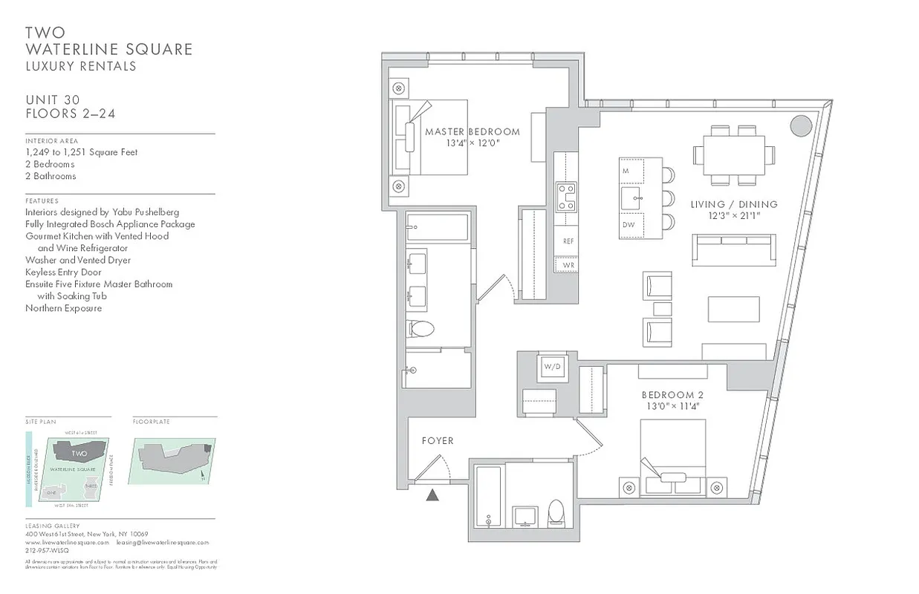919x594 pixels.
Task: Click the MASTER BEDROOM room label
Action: (x=473, y=132)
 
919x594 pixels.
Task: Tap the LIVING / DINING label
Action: (x=733, y=204)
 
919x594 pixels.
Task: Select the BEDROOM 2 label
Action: (x=672, y=395)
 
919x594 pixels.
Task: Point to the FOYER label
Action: (x=438, y=440)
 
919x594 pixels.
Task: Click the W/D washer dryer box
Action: (x=551, y=367)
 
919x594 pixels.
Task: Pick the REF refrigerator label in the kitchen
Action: (x=568, y=241)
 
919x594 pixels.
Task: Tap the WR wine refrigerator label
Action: (x=568, y=264)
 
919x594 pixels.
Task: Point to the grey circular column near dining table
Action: (x=800, y=125)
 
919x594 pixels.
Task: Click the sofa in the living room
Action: (x=734, y=249)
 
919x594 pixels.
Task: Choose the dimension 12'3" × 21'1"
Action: (x=733, y=216)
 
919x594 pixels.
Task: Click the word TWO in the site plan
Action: (x=79, y=453)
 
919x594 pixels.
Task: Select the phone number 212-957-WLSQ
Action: (x=47, y=551)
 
